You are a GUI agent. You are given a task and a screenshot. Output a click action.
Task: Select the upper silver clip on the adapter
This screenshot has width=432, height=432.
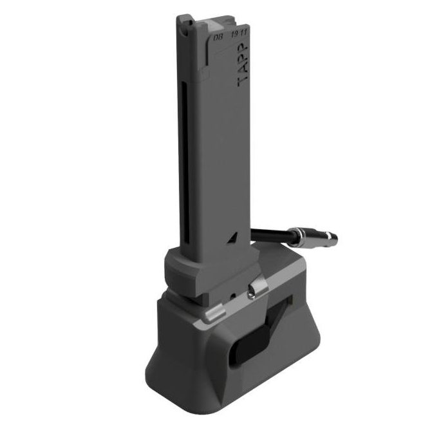coord(256,291)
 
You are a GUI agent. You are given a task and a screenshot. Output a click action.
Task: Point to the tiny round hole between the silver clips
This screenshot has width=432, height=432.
coord(232,299)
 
